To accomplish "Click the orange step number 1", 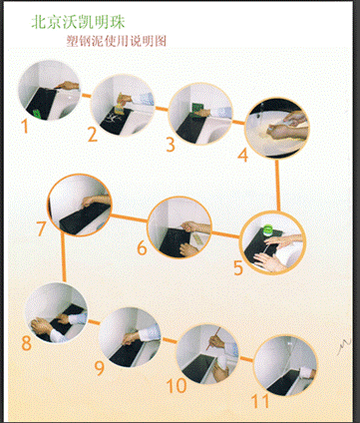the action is tap(25, 126).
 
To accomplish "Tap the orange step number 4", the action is tap(243, 155).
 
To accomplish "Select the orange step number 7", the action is tap(41, 228).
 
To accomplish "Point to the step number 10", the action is tap(177, 385).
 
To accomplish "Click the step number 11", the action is tap(260, 401).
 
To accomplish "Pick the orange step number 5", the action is tap(238, 268).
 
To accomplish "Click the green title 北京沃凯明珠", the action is tap(79, 22).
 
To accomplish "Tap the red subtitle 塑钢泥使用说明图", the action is tap(117, 41).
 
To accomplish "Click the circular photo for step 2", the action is tap(123, 106).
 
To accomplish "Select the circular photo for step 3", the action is tap(200, 114).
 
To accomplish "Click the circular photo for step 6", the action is tap(180, 227).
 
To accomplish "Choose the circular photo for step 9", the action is tap(130, 337).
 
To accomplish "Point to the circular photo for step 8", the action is tap(56, 312).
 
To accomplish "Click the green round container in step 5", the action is tap(267, 229).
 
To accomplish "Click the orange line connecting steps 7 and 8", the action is tap(64, 256).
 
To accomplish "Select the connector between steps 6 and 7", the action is tap(129, 218).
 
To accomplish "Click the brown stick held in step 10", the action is tap(212, 338).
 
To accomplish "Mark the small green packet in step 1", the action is tap(37, 114).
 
